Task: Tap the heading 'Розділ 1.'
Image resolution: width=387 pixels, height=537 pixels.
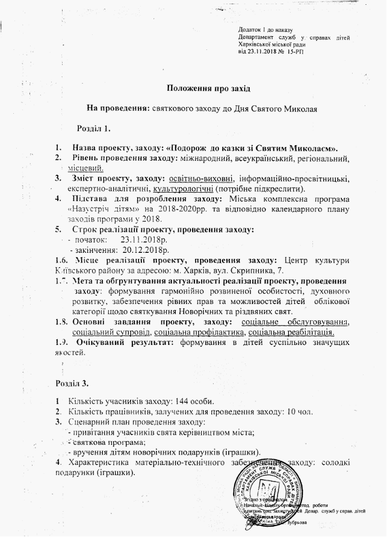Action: [x=93, y=128]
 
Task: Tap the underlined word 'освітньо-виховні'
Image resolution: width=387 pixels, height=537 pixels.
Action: [x=202, y=179]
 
